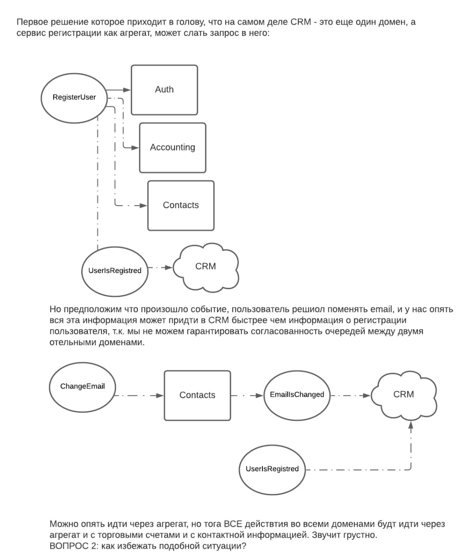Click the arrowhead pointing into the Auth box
point(127,90)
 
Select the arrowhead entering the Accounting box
point(135,148)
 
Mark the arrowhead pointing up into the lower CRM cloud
point(411,425)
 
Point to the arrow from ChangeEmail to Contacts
point(140,395)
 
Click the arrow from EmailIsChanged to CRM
point(350,395)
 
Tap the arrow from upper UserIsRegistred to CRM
point(161,267)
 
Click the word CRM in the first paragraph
point(301,22)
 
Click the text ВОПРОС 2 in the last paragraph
point(73,546)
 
